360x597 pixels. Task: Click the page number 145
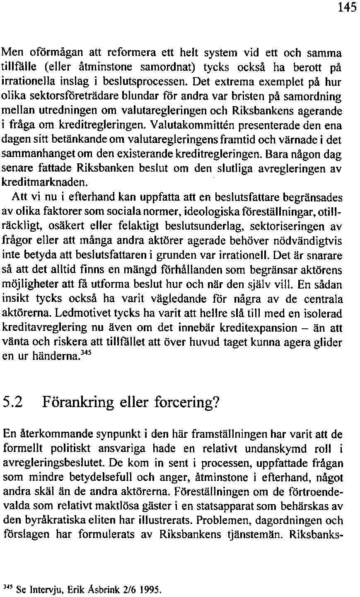click(x=347, y=9)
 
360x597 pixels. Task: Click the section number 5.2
click(x=14, y=402)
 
